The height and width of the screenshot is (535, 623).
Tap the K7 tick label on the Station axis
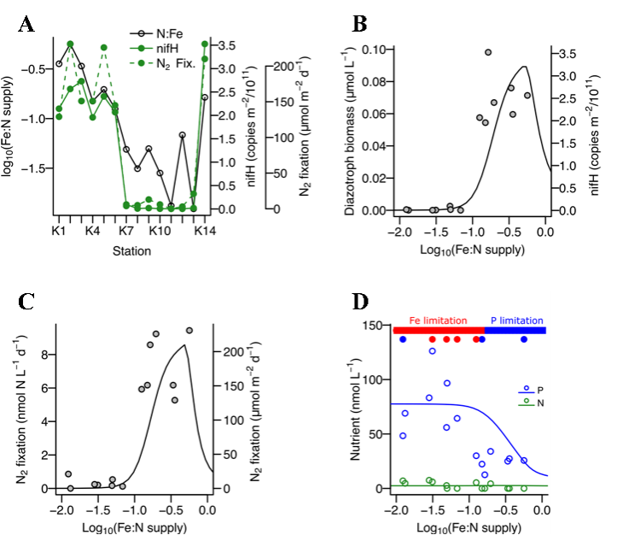coord(126,231)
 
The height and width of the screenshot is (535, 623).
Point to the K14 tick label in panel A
coord(203,231)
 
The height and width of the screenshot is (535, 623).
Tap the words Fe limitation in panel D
coord(433,319)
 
